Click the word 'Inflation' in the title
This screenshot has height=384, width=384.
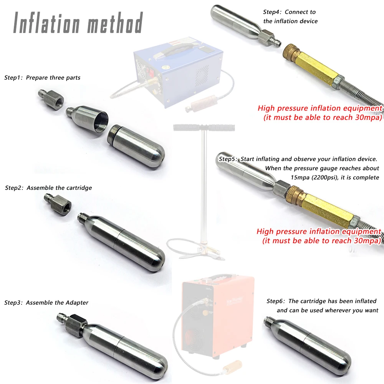[46, 23]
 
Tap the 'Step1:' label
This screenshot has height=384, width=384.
[13, 78]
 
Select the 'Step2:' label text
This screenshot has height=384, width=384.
[14, 188]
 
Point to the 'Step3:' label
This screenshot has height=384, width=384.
[13, 303]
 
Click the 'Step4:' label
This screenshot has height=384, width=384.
[272, 12]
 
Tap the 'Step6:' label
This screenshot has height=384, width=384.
[276, 301]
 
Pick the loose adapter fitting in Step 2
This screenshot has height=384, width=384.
[58, 204]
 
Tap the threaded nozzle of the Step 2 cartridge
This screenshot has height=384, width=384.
[83, 217]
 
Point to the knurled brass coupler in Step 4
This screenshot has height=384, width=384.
[291, 53]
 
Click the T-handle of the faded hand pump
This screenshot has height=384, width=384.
[204, 127]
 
